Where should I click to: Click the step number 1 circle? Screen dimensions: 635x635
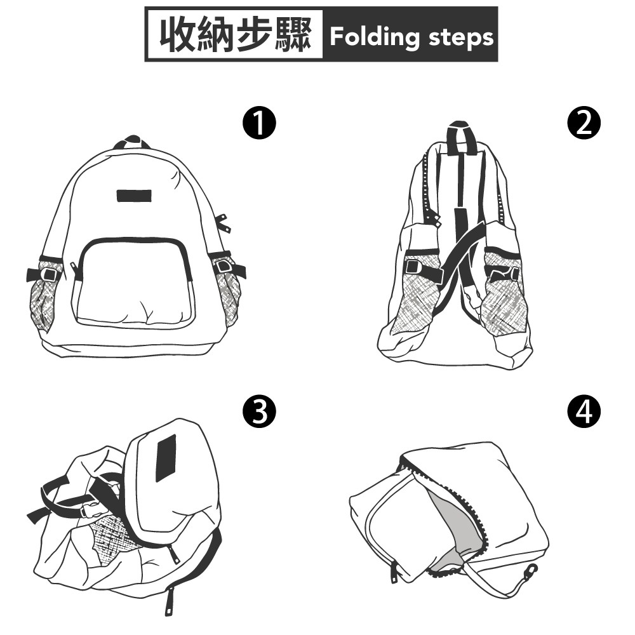[x=259, y=123]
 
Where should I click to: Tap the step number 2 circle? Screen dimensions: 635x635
[x=584, y=123]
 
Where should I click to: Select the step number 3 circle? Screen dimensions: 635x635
[x=259, y=411]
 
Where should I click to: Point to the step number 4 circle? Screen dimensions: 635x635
[x=584, y=411]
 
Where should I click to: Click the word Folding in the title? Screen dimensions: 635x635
[x=375, y=37]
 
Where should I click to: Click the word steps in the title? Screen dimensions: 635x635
[x=461, y=38]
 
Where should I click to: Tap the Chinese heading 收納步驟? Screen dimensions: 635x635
[x=236, y=35]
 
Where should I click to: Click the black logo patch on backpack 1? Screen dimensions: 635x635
[x=134, y=196]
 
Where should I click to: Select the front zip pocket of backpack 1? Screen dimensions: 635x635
[x=133, y=283]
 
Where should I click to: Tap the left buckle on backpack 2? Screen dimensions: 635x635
[x=414, y=267]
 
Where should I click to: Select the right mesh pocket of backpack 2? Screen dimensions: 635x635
[x=502, y=291]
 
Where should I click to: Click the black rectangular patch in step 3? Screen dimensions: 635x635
[x=166, y=458]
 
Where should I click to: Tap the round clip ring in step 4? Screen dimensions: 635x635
[x=531, y=570]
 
